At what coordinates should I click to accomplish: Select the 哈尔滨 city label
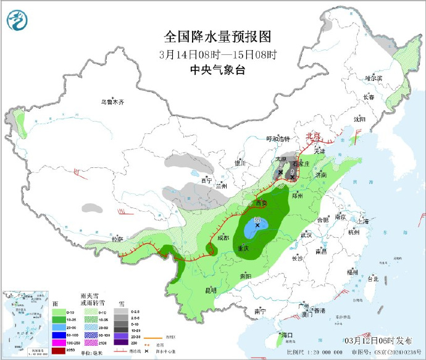[374, 78]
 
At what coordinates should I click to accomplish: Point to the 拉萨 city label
[117, 238]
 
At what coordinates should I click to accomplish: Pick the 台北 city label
[373, 278]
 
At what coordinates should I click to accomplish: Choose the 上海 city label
[362, 220]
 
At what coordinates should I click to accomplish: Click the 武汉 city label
[306, 235]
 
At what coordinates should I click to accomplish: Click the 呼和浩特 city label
[277, 139]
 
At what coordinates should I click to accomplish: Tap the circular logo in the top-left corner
[18, 22]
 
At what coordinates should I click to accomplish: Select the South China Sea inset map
[25, 324]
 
